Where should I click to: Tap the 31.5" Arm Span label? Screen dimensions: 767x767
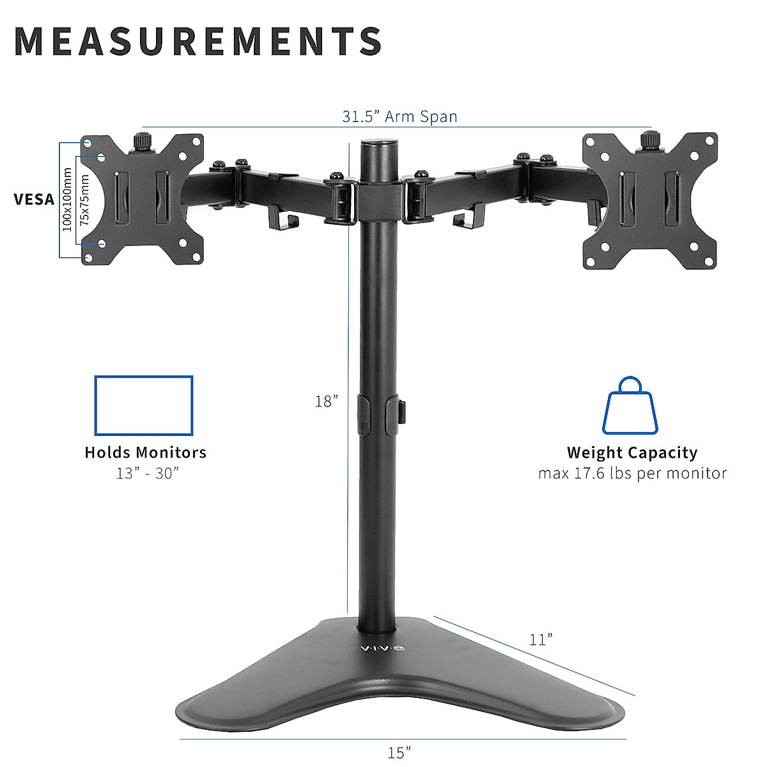click(399, 116)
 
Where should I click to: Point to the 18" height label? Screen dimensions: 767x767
click(326, 401)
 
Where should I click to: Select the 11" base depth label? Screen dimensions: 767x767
click(541, 639)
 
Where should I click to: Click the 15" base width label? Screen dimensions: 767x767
click(399, 752)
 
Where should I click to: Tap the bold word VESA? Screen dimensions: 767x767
click(35, 199)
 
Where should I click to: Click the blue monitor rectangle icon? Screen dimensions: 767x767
click(144, 405)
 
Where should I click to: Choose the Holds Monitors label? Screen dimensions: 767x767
click(146, 453)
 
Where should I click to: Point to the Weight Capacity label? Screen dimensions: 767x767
click(632, 453)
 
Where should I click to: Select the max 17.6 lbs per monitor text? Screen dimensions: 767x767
click(632, 473)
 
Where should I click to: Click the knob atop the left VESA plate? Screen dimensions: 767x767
click(142, 139)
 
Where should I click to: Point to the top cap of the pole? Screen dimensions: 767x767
click(377, 144)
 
